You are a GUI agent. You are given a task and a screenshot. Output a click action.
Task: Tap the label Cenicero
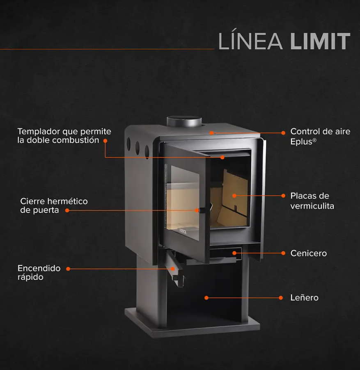(309, 253)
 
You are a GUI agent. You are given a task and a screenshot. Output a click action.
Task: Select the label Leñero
(304, 298)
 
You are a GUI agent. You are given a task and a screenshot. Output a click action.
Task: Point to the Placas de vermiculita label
(312, 201)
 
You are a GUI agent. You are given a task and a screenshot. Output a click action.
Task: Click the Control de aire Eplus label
(320, 137)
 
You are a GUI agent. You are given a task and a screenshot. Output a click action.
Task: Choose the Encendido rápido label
(39, 273)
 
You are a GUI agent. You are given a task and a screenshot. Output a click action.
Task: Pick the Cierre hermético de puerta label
(54, 206)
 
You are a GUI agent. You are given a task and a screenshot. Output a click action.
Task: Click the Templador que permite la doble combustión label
(64, 136)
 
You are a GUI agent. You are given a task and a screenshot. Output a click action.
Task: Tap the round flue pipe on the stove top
(184, 121)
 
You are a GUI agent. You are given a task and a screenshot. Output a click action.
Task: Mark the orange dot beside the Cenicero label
(283, 253)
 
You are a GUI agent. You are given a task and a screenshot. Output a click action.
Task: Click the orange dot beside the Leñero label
(281, 298)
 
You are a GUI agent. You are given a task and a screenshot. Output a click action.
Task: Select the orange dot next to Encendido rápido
(68, 269)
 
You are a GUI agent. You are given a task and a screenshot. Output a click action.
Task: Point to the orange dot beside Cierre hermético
(67, 210)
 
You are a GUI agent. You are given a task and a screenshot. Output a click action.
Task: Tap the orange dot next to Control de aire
(283, 132)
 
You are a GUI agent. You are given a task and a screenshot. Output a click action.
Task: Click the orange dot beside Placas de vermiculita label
(283, 196)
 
